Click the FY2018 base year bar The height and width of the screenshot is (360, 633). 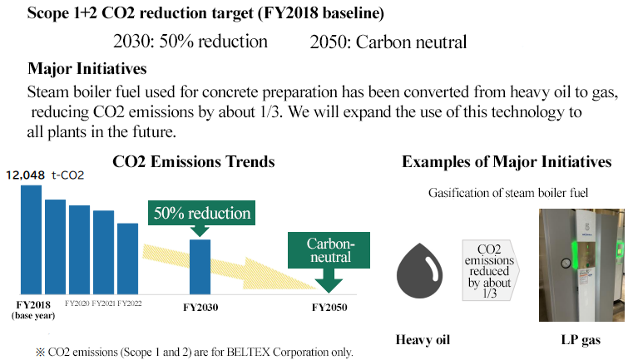31,239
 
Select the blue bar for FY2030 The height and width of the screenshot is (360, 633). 200,267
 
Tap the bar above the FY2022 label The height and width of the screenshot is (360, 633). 128,259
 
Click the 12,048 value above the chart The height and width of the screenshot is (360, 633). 26,175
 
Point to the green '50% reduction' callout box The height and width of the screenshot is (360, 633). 202,213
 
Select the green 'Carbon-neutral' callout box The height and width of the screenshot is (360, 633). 329,250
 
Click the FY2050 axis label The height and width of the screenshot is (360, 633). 329,308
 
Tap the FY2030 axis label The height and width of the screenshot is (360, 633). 200,308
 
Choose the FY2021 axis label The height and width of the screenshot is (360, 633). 104,303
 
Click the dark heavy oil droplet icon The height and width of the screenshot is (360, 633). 420,270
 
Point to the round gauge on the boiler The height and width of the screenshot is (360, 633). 566,264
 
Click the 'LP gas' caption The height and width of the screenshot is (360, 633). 581,340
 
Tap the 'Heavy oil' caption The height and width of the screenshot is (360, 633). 423,340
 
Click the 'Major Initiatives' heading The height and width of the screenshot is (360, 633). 87,69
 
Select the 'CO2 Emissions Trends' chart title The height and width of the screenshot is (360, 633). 194,162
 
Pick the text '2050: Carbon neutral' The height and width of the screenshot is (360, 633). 388,42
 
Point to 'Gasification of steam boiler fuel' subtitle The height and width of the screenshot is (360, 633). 508,193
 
